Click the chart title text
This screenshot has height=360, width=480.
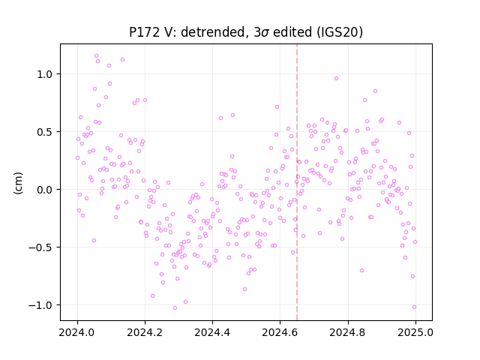[x=246, y=32]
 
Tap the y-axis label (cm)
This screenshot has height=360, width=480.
[x=18, y=183]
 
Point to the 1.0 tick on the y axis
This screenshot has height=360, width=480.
[x=46, y=74]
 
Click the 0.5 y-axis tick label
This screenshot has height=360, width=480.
[x=46, y=132]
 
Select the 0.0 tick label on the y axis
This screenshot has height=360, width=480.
[x=46, y=190]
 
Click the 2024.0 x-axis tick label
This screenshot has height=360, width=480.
[x=77, y=332]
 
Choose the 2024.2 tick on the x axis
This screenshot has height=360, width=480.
[x=145, y=332]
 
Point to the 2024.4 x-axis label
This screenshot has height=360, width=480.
[x=212, y=332]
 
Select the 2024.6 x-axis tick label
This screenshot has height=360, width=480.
[x=280, y=332]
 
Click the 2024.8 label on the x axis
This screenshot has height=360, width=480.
[x=348, y=332]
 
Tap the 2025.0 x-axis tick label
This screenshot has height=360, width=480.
[x=415, y=332]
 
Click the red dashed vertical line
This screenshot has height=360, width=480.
[x=297, y=182]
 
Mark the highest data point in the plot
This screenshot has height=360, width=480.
[x=97, y=56]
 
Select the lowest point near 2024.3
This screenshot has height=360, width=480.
[x=175, y=308]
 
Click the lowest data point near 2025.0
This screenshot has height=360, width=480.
[x=414, y=307]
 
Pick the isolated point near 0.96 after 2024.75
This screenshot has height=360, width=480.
[x=336, y=78]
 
